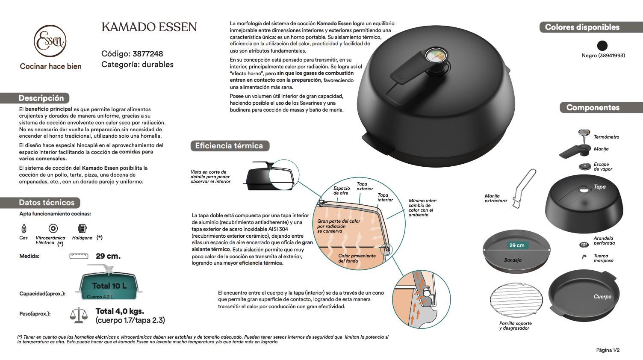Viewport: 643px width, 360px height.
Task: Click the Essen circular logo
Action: coord(50,41)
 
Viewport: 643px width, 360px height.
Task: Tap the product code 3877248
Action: coord(147,54)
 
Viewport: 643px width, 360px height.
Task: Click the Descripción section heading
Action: coord(41,98)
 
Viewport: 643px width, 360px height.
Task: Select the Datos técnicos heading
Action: coord(47,203)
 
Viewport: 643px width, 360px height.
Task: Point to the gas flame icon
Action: coord(24,228)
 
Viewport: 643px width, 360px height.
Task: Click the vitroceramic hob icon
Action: coord(53,228)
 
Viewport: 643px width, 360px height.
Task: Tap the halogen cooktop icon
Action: coord(82,228)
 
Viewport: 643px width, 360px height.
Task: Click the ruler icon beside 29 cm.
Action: coord(79,256)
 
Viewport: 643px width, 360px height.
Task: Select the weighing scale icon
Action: coord(79,315)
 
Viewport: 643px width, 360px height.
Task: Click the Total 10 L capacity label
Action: coord(109,286)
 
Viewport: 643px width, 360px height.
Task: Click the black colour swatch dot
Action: coord(602,45)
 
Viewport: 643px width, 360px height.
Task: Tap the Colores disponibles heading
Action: coord(582,27)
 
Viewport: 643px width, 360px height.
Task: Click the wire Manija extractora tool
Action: coord(524,188)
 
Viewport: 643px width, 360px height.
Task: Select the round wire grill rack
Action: coord(516,300)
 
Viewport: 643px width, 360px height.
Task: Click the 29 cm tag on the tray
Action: coord(517,245)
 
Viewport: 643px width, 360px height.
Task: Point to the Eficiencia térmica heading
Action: coord(229,146)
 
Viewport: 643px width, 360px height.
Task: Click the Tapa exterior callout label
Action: coord(365,186)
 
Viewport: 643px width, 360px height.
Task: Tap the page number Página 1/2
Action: coord(608,350)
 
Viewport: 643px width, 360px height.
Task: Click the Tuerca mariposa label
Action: coord(603,258)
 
